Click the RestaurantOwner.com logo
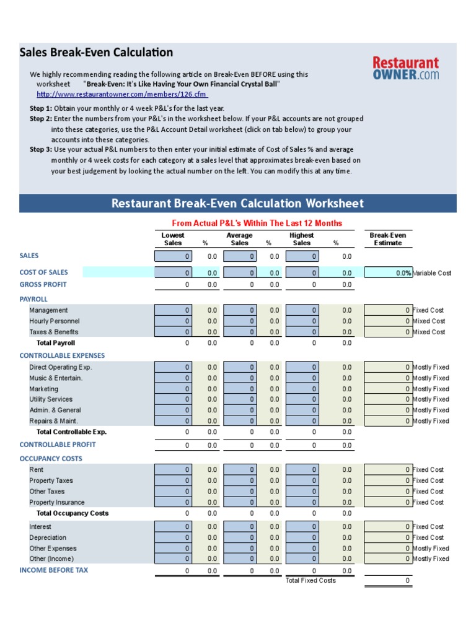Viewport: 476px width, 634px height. pos(405,68)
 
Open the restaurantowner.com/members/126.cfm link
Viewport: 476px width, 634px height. pos(122,95)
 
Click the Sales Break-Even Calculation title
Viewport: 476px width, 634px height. pos(96,53)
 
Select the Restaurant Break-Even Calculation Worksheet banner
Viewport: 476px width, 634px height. pos(237,203)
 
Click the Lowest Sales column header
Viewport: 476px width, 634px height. pos(173,239)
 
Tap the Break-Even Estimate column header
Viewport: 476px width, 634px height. pos(387,239)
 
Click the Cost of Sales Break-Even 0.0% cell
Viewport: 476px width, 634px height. pos(388,273)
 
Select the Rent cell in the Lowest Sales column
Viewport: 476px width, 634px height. pos(173,470)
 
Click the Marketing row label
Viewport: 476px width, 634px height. pos(43,389)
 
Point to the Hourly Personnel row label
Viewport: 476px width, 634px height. pos(54,321)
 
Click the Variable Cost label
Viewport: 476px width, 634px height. pos(432,273)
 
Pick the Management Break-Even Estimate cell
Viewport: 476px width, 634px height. pos(388,310)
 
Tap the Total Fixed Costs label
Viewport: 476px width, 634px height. pos(311,581)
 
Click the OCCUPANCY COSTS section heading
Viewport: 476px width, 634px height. pos(51,459)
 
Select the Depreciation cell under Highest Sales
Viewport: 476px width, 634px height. pos(302,537)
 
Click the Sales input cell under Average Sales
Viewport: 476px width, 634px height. pos(239,256)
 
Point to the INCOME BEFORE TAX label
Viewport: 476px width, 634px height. pos(54,570)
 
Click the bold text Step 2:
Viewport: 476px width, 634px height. pos(41,118)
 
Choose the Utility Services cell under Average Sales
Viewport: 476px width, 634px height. pos(239,399)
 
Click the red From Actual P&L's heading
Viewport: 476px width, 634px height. pos(256,224)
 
